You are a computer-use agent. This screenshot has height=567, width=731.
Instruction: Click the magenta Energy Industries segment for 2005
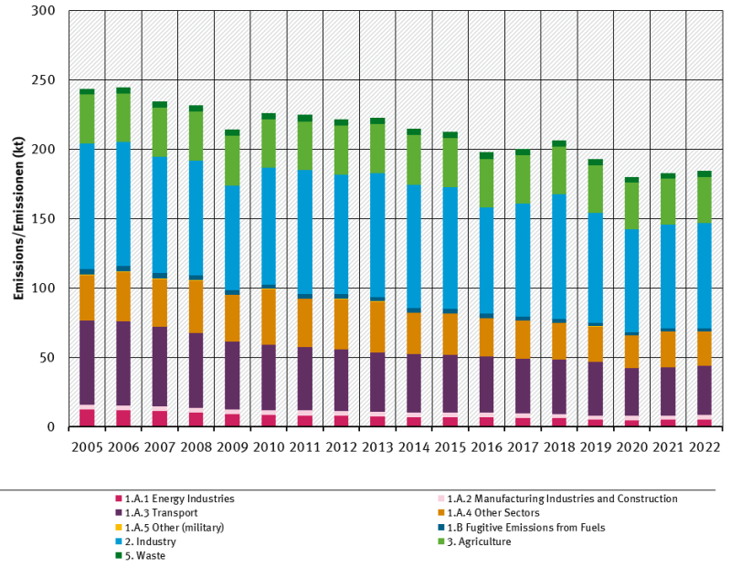pos(87,417)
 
